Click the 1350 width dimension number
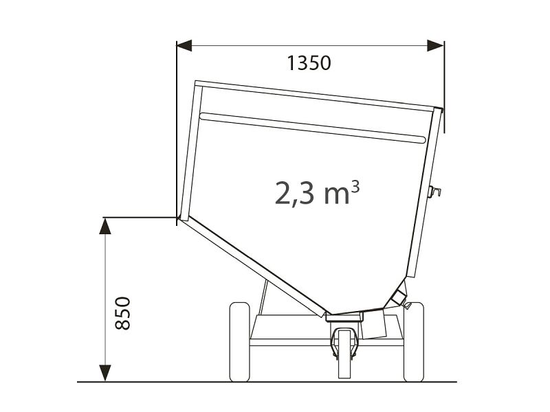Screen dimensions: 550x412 click(x=309, y=63)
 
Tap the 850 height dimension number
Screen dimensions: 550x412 click(x=123, y=313)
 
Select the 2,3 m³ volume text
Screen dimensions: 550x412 click(x=317, y=193)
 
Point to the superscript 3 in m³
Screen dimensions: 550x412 click(x=355, y=186)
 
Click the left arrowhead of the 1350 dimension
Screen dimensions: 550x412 click(x=184, y=45)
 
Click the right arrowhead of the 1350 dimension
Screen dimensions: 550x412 click(x=435, y=45)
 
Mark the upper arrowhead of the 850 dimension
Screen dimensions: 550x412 click(x=105, y=226)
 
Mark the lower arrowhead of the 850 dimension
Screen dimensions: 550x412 click(x=105, y=373)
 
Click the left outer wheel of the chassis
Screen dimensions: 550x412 click(x=239, y=342)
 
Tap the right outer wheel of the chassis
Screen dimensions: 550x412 click(x=414, y=342)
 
